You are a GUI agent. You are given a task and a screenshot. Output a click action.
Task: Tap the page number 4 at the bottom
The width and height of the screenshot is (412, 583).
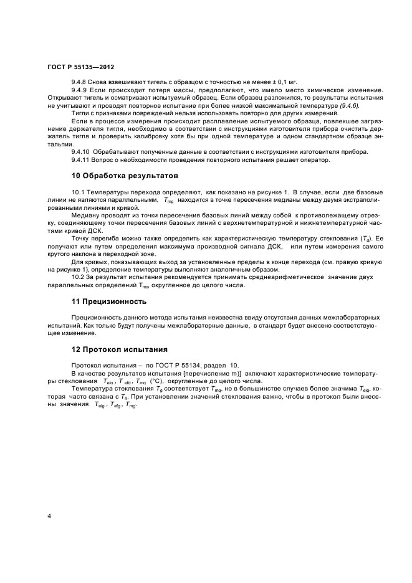(x=50, y=516)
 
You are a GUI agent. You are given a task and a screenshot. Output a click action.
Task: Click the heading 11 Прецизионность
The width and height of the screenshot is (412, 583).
(x=109, y=301)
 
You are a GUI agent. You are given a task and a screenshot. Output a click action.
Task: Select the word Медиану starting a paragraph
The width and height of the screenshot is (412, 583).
(x=87, y=216)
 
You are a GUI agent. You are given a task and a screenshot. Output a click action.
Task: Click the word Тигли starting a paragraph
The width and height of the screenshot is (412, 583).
(x=81, y=115)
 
